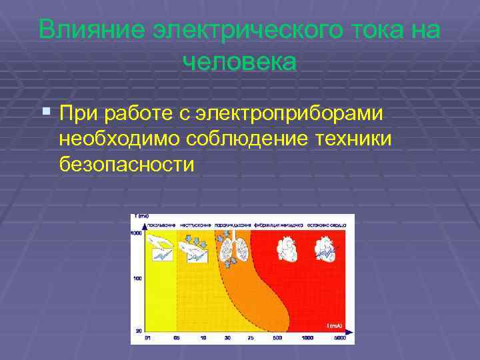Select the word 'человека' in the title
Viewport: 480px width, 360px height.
click(x=239, y=62)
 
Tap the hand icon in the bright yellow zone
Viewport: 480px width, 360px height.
click(x=159, y=251)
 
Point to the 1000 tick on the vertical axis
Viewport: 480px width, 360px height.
click(x=136, y=233)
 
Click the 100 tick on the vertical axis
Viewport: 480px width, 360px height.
click(x=137, y=278)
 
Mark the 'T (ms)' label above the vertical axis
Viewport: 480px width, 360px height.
click(x=141, y=217)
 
